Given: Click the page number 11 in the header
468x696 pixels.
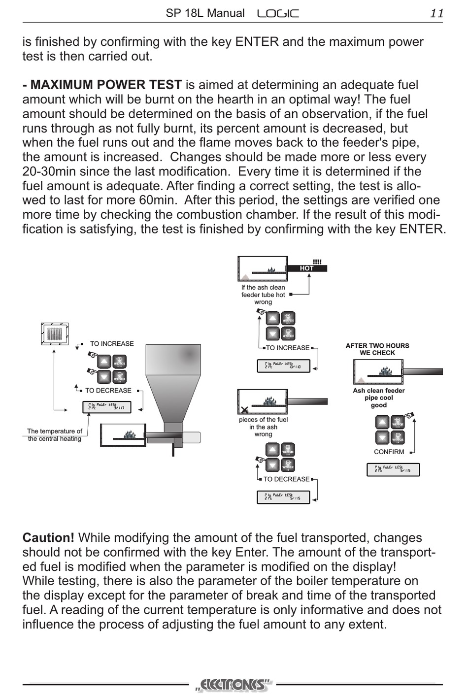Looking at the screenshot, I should tap(436, 13).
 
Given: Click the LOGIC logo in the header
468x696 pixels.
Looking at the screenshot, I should tap(278, 14).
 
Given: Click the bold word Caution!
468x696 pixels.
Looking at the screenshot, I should tap(48, 538).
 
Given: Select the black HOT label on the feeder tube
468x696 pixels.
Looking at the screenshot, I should tap(306, 268).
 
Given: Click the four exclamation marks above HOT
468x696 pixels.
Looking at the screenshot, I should tap(317, 262).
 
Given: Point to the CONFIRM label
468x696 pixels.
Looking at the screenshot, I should tap(389, 452).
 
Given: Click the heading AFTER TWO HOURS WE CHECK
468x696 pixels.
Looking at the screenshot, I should tap(377, 349).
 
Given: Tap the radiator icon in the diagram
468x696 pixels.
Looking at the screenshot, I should tap(55, 334).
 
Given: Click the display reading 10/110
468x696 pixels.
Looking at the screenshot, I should tap(283, 366).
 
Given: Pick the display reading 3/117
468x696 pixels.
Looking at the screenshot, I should tap(106, 407).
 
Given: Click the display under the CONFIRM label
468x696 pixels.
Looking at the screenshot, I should tap(393, 469).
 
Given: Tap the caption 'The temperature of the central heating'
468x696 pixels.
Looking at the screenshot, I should tap(55, 435).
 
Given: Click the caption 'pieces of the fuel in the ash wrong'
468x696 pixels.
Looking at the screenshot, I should tap(263, 427).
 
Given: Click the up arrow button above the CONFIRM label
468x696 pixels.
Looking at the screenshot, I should tap(382, 422).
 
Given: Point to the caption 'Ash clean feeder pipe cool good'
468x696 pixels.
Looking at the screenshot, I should tap(378, 398).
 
